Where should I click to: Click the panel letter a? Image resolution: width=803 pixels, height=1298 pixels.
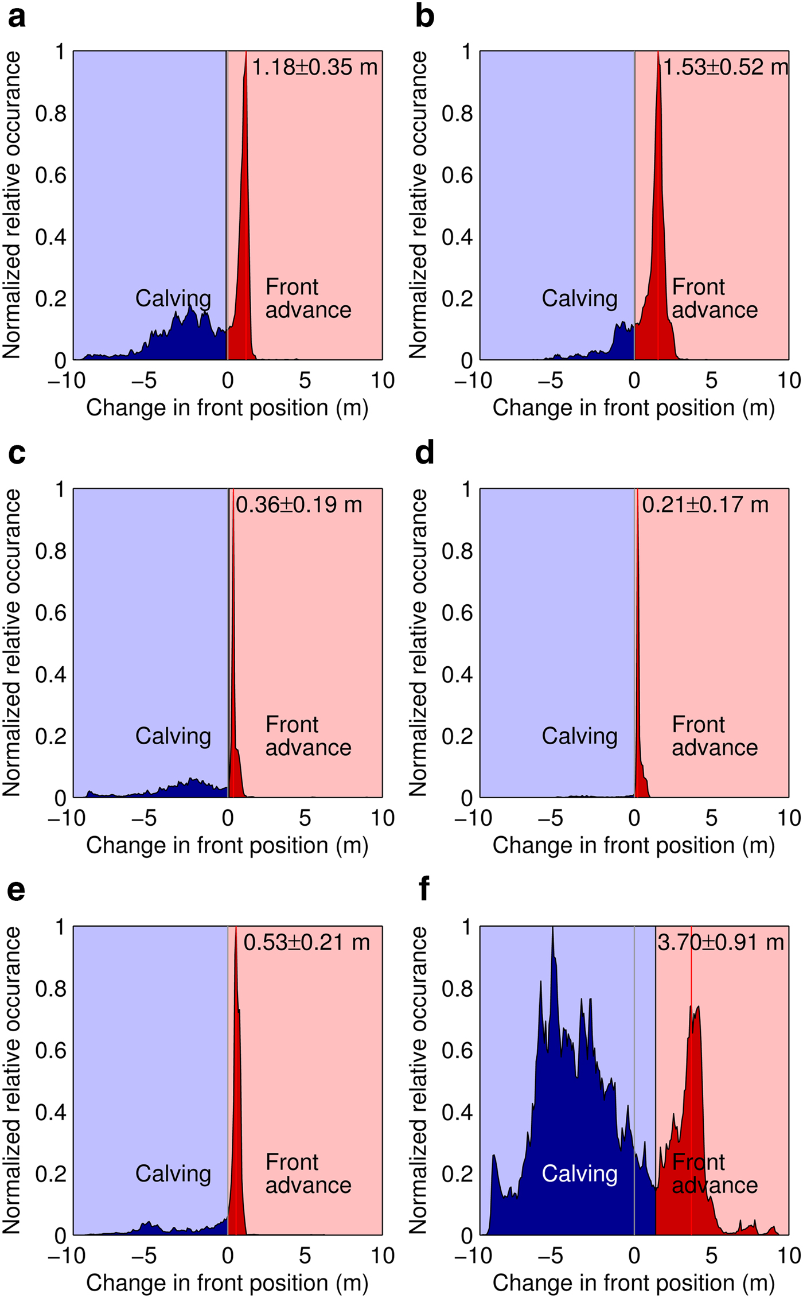(17, 17)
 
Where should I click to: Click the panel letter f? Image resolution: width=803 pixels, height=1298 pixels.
(424, 889)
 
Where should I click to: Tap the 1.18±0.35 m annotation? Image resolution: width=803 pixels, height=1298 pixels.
(315, 67)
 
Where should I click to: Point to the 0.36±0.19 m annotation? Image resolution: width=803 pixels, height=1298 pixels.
(299, 505)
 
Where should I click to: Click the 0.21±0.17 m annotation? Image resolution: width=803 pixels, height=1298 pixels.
(705, 505)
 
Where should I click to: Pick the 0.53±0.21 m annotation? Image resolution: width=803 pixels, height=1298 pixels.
(306, 942)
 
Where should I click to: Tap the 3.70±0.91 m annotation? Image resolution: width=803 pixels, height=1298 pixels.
(720, 942)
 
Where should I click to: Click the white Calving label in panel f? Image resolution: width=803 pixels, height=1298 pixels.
(579, 1173)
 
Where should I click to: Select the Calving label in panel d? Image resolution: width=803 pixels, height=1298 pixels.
(579, 736)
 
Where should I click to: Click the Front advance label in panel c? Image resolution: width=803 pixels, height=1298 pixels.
(308, 736)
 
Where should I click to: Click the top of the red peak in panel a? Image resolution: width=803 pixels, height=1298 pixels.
(246, 53)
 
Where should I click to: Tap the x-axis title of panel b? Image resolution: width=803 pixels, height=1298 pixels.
(633, 408)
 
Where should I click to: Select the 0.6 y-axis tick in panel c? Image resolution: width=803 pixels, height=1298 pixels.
(50, 613)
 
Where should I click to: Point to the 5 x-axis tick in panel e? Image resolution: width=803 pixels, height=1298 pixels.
(305, 1255)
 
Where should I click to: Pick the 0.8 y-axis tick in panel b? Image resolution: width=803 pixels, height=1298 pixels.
(457, 114)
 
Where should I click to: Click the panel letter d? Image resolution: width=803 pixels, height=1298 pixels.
(424, 453)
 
